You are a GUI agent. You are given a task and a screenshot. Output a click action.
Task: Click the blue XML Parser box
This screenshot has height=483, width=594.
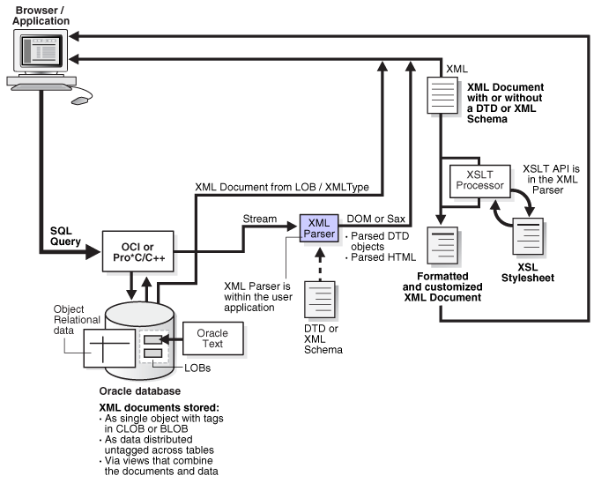320,228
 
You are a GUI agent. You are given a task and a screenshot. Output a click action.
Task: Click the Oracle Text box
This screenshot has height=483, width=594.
212,338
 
